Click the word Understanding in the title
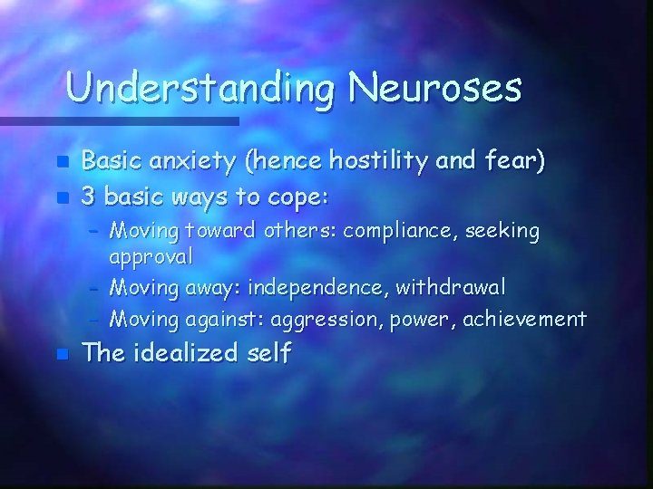[x=201, y=89]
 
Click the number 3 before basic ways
[x=88, y=196]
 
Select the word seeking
[x=502, y=233]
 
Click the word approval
[x=151, y=256]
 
